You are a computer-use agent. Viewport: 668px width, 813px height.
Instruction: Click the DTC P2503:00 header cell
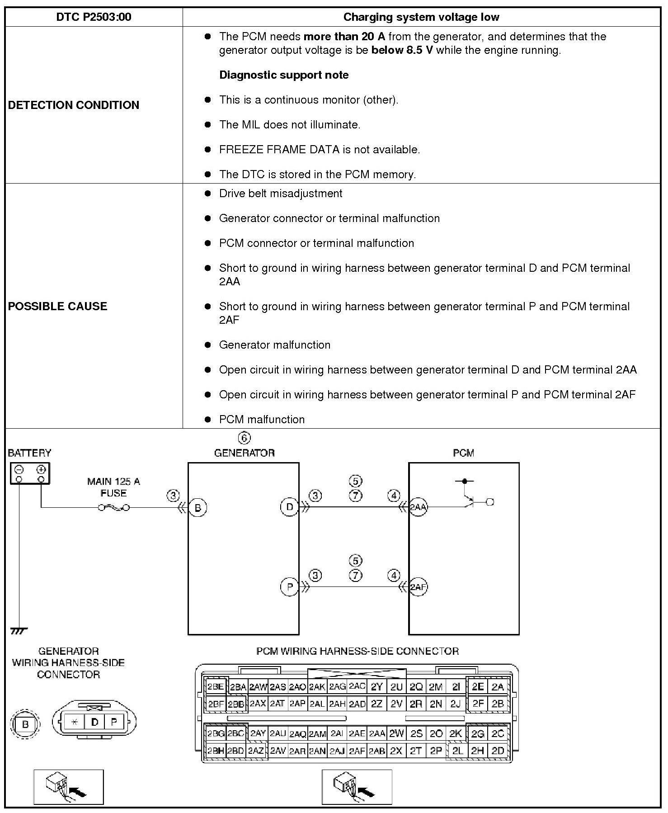(x=94, y=17)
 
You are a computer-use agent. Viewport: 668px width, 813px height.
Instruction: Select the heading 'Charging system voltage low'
(x=421, y=17)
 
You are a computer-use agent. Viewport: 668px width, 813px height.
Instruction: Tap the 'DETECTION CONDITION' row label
(x=74, y=105)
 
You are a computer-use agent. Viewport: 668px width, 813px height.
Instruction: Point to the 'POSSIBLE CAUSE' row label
(x=58, y=306)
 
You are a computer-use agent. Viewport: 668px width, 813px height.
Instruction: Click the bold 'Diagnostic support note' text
(x=284, y=75)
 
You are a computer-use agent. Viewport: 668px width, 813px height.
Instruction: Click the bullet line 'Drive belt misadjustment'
(x=280, y=194)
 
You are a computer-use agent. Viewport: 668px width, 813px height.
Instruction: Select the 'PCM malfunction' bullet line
(x=262, y=419)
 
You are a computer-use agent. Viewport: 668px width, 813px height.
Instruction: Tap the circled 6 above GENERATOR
(x=244, y=438)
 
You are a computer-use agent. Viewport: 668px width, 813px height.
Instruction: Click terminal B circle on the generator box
(x=198, y=507)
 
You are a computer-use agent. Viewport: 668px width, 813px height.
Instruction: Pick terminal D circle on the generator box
(x=289, y=507)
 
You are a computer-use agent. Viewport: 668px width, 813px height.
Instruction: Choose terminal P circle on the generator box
(x=289, y=587)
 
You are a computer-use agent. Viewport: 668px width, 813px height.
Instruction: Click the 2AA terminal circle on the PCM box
(x=418, y=507)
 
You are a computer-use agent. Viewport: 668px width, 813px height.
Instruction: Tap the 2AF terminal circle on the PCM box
(x=418, y=587)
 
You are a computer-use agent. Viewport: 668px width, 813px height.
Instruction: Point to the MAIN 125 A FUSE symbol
(x=113, y=507)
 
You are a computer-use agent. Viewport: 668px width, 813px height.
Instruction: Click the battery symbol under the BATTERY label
(x=30, y=473)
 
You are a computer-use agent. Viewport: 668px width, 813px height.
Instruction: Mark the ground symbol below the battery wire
(x=19, y=630)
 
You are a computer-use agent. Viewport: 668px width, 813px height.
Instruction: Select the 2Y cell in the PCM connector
(x=376, y=687)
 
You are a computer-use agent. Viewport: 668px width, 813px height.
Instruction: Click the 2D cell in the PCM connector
(x=498, y=751)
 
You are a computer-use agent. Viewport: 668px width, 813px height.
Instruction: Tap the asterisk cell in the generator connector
(x=75, y=722)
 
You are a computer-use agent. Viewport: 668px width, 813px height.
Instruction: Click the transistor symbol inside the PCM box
(x=470, y=500)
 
